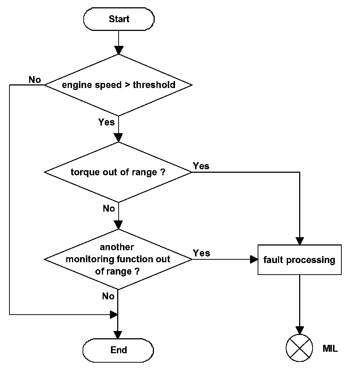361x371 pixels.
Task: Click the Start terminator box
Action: [119, 19]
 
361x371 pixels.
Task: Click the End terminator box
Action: [118, 350]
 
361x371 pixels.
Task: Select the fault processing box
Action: [299, 260]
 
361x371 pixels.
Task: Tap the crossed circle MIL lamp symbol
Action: [299, 348]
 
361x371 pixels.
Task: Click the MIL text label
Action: [330, 348]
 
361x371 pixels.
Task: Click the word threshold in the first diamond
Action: [154, 85]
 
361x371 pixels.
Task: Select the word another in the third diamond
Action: [117, 247]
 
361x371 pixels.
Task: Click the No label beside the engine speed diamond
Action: [35, 80]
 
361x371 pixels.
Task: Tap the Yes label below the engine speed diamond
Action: [106, 122]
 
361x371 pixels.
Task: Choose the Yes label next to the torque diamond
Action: [201, 166]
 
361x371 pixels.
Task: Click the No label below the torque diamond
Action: [109, 208]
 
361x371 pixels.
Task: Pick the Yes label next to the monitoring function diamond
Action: [201, 253]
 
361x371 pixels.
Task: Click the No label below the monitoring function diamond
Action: [108, 296]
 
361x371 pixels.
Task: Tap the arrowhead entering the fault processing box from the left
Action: [254, 259]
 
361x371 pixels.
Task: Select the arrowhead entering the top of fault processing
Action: [300, 241]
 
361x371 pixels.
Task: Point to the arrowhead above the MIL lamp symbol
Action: [299, 331]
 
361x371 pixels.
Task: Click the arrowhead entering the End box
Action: [118, 335]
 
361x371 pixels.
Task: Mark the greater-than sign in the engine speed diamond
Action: [127, 85]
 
